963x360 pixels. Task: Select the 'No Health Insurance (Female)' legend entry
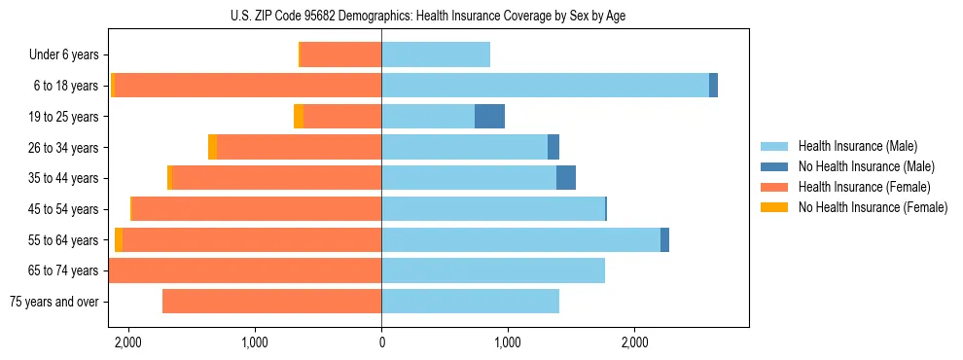point(873,207)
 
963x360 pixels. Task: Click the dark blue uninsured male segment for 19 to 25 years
point(489,117)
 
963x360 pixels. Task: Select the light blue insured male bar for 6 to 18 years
point(545,86)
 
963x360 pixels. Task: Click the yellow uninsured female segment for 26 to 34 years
point(212,147)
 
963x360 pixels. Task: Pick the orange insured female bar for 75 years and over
point(271,302)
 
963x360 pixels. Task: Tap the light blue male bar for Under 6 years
point(436,54)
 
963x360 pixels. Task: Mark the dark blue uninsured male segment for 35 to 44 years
point(566,178)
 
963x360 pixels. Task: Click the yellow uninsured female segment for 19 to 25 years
point(299,117)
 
